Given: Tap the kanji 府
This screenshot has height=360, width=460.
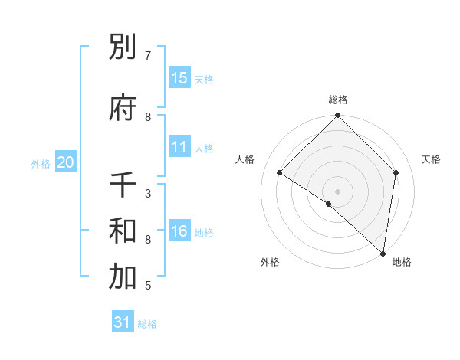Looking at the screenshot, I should (123, 108).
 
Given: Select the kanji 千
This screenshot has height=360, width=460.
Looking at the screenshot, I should (123, 185).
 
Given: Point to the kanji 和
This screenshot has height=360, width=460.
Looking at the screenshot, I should (123, 231).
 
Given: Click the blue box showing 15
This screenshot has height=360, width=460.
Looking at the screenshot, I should (179, 77).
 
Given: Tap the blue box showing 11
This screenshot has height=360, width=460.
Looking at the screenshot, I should (179, 147).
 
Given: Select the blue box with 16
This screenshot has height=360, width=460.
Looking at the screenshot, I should (179, 231).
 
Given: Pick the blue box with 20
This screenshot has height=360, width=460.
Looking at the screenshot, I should (66, 162).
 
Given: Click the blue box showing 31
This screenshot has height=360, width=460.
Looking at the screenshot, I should (123, 322).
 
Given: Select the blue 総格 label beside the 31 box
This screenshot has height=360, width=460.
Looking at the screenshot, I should (147, 323).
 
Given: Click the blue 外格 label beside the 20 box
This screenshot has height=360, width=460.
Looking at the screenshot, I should (41, 163).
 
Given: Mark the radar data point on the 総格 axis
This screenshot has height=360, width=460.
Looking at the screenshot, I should (337, 116).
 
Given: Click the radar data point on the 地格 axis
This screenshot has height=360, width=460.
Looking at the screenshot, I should (383, 253).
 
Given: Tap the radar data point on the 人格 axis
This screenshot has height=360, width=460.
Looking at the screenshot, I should (280, 173).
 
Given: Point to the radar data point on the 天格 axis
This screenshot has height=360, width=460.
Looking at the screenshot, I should (396, 172).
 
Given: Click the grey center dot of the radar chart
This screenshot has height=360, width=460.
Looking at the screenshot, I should (337, 191).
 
